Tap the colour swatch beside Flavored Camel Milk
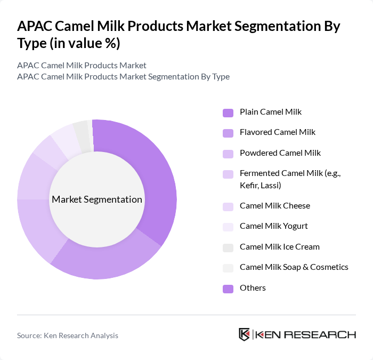tap(228, 133)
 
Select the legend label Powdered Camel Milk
tap(280, 153)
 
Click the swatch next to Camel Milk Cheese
tap(228, 206)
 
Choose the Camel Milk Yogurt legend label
tap(273, 226)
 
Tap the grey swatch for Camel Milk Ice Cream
tap(228, 247)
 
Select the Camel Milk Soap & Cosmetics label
tap(294, 267)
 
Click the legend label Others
tap(253, 288)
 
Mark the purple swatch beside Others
tap(228, 289)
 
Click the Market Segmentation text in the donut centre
tap(97, 199)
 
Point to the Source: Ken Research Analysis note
tap(68, 335)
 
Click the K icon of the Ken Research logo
tap(244, 334)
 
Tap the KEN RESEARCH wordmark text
tap(305, 335)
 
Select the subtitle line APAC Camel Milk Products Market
tap(82, 66)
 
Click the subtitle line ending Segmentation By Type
tap(123, 77)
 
